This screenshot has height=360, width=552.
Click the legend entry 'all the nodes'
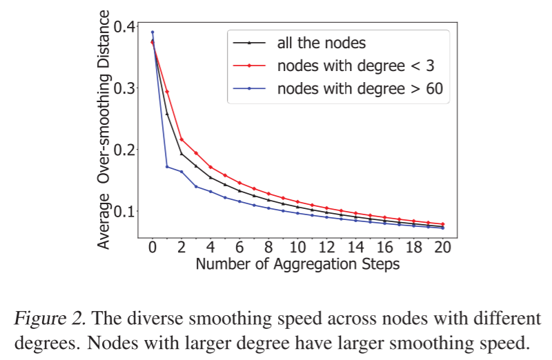pos(321,43)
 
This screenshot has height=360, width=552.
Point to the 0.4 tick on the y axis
pos(125,26)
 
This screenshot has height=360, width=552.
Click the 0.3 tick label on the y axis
pos(125,88)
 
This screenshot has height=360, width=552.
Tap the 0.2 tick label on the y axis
pos(125,149)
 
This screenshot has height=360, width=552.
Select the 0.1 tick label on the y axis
pos(125,210)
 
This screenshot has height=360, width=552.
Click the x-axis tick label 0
pos(152,248)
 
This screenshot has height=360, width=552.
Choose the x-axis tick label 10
pos(297,248)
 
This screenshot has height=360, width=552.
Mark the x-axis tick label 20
pos(442,248)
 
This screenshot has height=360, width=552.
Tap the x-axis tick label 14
pos(355,248)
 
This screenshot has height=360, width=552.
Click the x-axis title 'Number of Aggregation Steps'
pos(297,264)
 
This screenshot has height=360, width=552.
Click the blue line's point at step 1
pos(167,166)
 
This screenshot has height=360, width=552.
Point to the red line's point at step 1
pos(167,92)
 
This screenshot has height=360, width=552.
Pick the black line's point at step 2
pos(181,154)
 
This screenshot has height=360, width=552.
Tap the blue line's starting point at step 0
pos(152,32)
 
